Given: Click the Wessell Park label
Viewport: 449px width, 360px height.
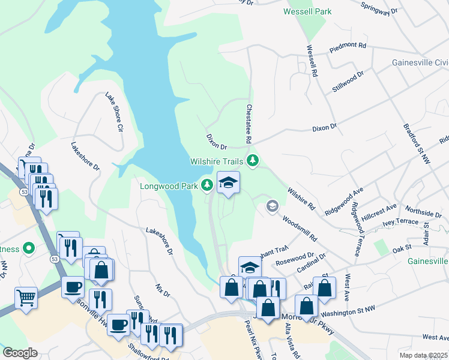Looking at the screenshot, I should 307,11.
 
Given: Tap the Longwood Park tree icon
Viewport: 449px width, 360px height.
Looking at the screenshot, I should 208,185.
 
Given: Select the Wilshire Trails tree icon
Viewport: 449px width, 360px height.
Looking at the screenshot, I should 253,160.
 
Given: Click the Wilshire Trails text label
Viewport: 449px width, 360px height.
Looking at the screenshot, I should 216,161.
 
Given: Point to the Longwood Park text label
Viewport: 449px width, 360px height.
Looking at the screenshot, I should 169,186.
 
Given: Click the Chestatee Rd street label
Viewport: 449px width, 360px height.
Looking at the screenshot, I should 249,123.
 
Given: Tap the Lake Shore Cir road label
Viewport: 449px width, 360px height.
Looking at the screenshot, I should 114,112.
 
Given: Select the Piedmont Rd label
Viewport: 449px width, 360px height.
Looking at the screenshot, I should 348,46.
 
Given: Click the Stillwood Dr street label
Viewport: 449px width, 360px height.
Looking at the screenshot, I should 348,82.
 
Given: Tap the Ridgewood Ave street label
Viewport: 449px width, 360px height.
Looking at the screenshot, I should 345,201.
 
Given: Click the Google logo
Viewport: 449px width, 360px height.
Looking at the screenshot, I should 20,353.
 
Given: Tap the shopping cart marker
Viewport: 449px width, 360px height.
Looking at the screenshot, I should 26,298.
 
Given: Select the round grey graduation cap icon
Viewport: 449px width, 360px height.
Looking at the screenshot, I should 272,206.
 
